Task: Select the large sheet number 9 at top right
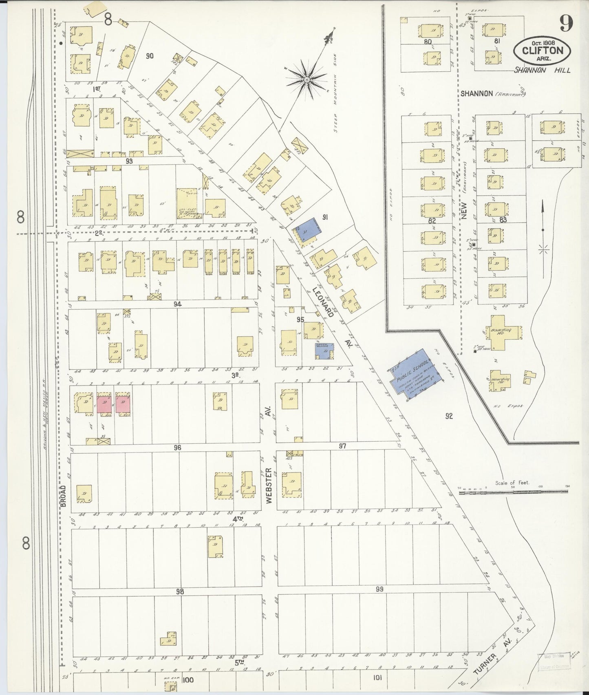(566, 23)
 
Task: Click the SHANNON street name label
(476, 94)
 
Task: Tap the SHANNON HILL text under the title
(542, 70)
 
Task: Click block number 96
(177, 448)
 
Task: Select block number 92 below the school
(449, 416)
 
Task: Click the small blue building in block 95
(324, 351)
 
